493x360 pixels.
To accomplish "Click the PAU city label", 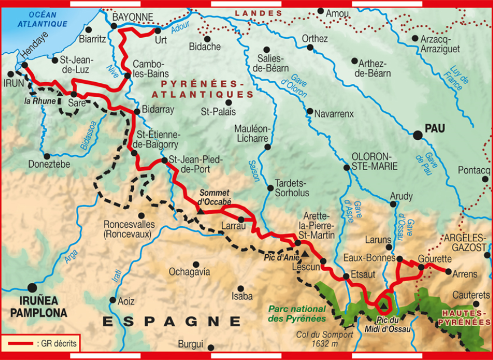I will click(434, 129).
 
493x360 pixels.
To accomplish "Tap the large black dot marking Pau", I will click(417, 135).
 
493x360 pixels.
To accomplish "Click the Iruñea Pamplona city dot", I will click(32, 287).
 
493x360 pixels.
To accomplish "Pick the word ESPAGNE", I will click(172, 321).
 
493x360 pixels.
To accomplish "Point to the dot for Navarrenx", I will click(310, 111).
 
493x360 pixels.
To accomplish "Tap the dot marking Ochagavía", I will click(196, 264).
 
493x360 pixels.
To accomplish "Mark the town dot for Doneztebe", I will click(47, 156).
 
